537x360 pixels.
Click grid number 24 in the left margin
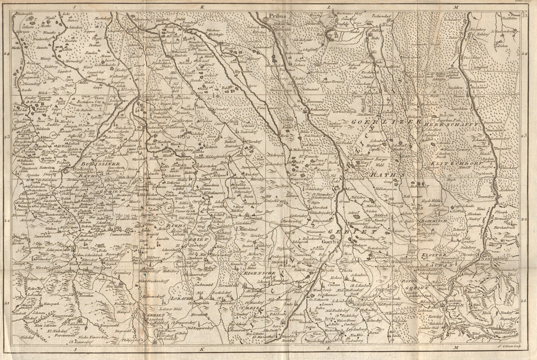point(6,54)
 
